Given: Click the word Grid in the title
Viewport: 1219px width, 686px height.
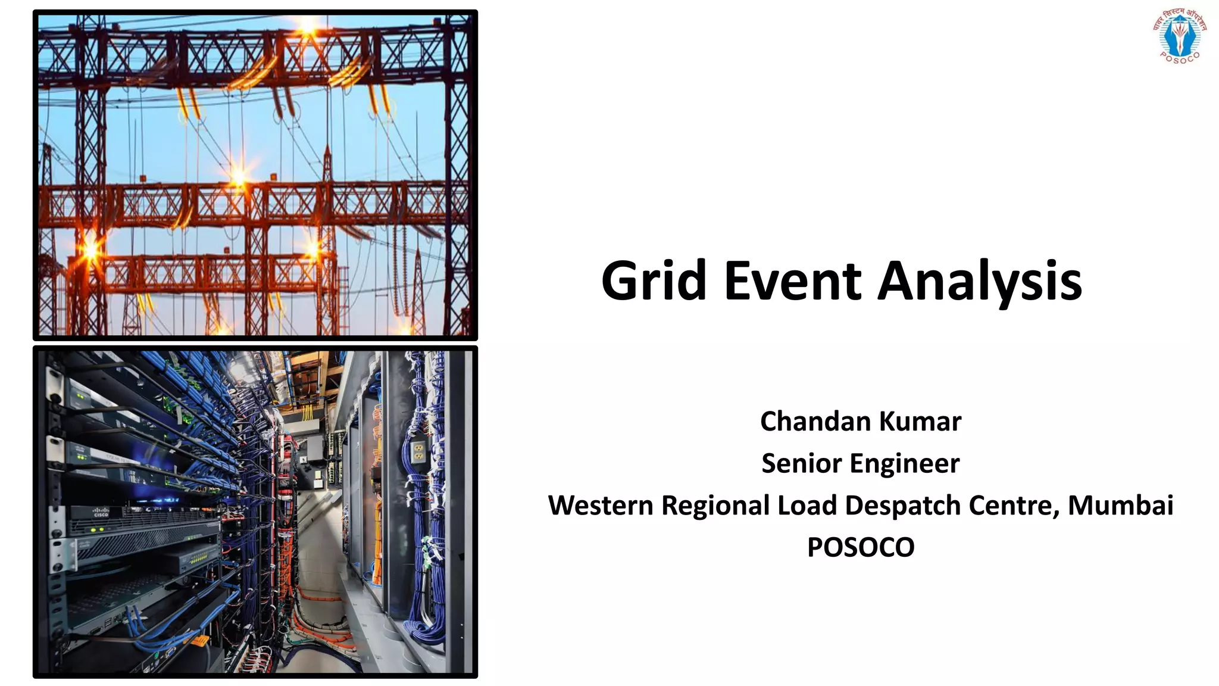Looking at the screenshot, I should [654, 281].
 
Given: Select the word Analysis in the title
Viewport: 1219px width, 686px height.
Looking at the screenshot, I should [980, 281].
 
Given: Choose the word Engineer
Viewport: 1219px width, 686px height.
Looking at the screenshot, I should [901, 463].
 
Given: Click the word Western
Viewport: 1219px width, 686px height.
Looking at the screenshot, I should [601, 506].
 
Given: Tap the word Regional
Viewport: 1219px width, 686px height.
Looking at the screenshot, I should [715, 506].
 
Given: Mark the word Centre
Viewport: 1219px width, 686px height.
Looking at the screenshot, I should [1014, 506].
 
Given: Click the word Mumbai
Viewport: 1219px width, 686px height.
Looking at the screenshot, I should [1120, 506].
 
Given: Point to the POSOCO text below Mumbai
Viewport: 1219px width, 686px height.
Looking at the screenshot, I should [861, 547].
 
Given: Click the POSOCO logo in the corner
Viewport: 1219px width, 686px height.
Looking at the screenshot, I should [1179, 35].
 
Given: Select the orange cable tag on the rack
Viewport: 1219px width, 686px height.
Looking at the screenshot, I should [200, 641].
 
